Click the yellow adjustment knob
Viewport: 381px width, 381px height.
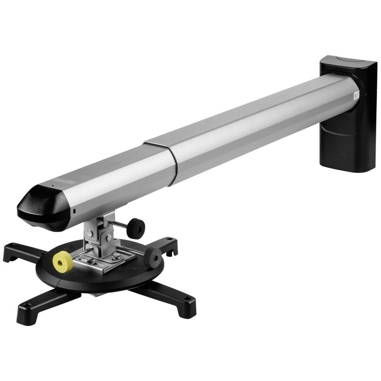(x=63, y=261)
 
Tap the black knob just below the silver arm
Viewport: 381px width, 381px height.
(x=136, y=228)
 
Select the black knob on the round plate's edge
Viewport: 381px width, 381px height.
(x=153, y=257)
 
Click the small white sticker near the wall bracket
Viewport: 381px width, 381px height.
(x=356, y=95)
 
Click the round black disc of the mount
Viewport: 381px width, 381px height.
(x=99, y=278)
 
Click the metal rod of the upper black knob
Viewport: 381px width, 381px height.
(x=119, y=224)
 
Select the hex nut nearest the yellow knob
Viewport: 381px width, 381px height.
(x=91, y=261)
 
